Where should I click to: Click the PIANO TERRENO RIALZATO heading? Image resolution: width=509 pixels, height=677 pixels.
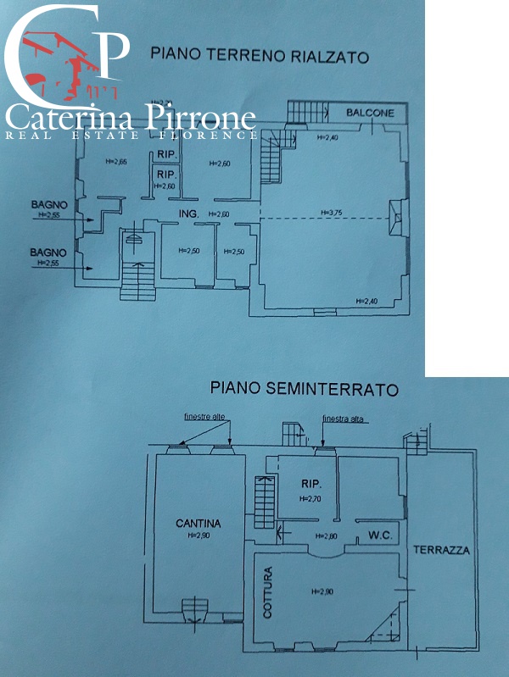tap(259, 56)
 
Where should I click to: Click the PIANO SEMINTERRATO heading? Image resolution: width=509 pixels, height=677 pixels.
tap(304, 389)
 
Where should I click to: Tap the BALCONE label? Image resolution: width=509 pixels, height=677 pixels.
tap(369, 114)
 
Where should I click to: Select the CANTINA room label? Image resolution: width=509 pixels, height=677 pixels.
tap(198, 524)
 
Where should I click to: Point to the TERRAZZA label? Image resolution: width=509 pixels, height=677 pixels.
tap(441, 550)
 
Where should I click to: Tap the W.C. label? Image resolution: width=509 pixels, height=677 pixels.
tap(378, 535)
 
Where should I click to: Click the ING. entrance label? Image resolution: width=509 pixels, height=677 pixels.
tap(187, 214)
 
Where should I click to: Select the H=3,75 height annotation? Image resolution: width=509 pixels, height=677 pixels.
tap(330, 213)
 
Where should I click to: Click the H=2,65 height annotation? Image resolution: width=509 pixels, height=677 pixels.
tap(115, 162)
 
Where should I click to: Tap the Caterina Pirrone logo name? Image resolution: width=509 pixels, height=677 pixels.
tap(131, 119)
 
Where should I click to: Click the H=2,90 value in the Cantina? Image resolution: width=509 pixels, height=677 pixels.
tap(198, 535)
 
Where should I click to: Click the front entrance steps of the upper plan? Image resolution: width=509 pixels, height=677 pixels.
tap(137, 279)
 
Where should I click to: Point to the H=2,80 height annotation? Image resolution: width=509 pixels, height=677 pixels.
tap(327, 535)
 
